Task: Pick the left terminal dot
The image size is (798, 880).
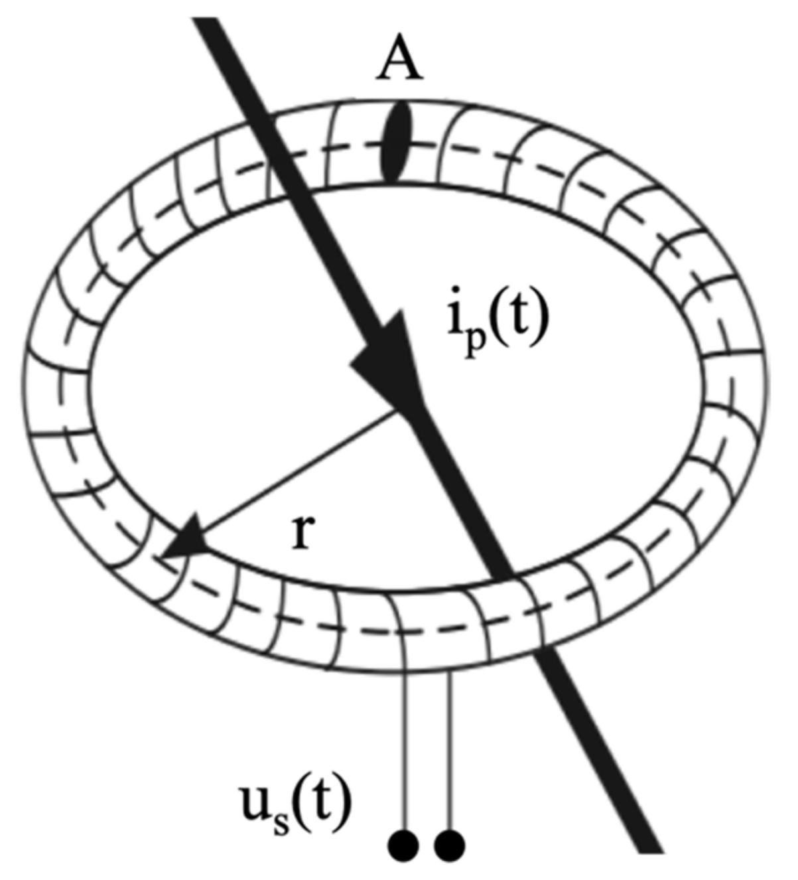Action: click(403, 845)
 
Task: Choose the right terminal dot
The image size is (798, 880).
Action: click(450, 845)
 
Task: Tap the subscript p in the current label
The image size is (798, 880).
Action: click(472, 338)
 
